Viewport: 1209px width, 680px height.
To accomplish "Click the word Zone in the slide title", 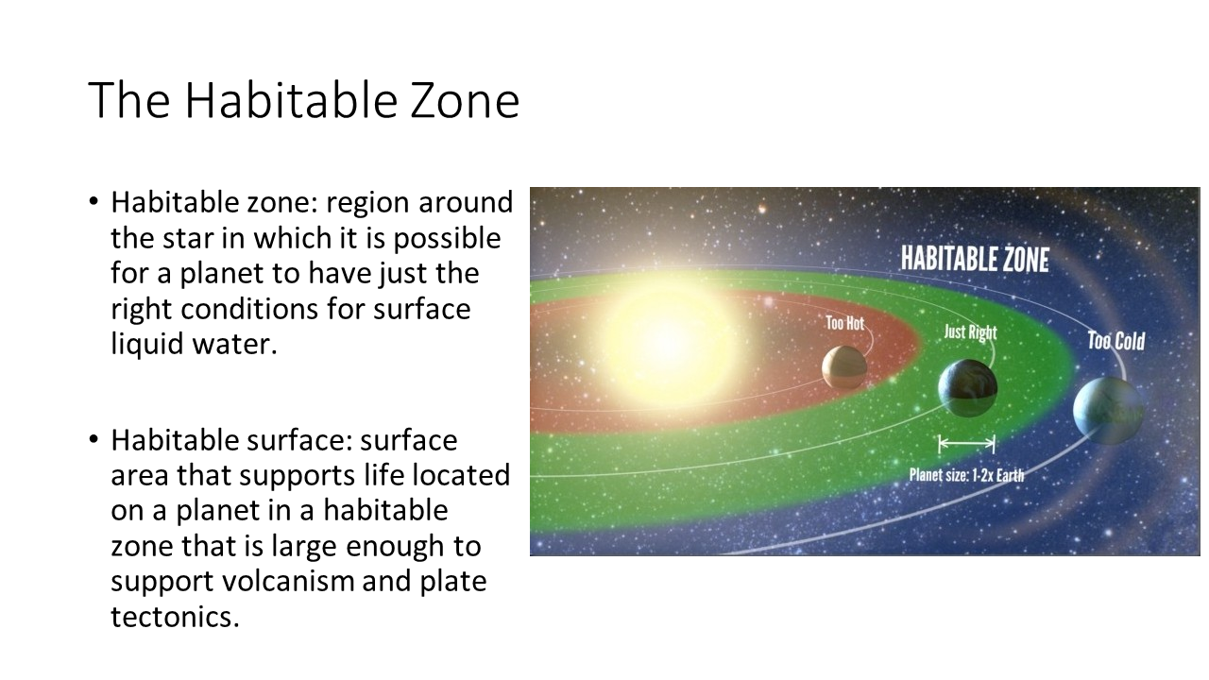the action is click(x=465, y=100).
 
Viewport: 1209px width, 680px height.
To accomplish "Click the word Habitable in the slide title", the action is click(x=292, y=99).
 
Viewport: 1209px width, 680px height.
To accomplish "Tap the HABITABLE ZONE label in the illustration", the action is click(x=975, y=259).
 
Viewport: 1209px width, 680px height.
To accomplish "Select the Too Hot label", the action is click(x=844, y=323).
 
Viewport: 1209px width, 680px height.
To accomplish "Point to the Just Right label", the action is click(x=970, y=332).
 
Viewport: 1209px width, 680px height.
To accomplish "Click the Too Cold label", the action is click(x=1115, y=341).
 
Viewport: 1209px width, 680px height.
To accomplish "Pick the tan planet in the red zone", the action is click(x=844, y=367).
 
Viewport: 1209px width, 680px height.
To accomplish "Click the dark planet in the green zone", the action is click(x=968, y=388).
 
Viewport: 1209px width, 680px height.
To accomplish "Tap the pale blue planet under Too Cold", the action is click(x=1108, y=411).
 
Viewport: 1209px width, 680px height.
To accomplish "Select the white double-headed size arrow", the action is click(x=966, y=444).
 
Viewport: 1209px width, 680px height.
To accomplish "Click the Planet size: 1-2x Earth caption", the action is click(x=966, y=475).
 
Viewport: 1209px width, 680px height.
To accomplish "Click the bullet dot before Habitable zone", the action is click(x=94, y=201).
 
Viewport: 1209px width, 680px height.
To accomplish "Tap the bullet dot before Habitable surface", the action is click(x=94, y=439).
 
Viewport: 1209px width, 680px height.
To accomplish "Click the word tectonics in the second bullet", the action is click(x=175, y=617).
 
